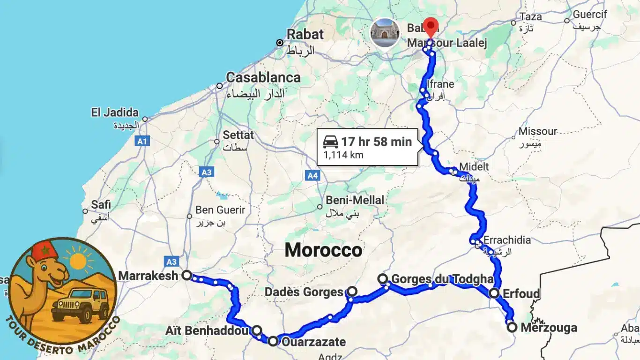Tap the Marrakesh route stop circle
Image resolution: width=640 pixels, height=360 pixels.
tap(186, 275)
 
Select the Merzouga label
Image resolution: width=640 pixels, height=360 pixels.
tap(549, 328)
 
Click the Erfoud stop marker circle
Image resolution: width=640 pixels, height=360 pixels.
tap(494, 293)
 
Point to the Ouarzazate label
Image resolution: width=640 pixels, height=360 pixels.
tap(313, 342)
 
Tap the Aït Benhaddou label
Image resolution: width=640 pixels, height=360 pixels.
tap(207, 331)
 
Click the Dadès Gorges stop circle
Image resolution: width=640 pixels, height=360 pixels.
tap(352, 292)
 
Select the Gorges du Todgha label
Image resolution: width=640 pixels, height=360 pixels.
tap(442, 279)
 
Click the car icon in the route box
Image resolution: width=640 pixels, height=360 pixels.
tap(330, 142)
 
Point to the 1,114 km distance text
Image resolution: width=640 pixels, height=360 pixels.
tap(343, 155)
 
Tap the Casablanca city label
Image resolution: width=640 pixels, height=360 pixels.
tap(263, 77)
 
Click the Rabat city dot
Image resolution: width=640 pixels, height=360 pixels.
tap(280, 43)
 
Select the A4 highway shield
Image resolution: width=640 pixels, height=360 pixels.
tap(313, 176)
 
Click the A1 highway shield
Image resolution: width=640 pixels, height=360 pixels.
tap(142, 141)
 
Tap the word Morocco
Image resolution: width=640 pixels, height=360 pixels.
tap(323, 250)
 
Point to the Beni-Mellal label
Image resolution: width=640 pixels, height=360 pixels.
tap(355, 200)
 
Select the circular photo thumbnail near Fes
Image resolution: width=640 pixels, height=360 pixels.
tap(385, 32)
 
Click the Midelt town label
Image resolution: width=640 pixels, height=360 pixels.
tap(474, 166)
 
